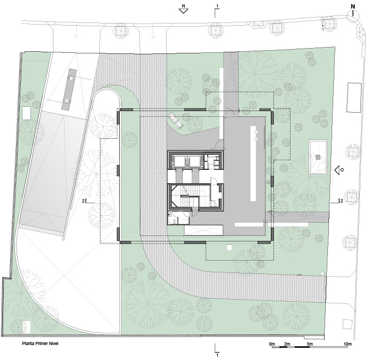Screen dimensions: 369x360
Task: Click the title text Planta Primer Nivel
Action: [40, 343]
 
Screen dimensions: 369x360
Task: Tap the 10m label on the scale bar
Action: [347, 344]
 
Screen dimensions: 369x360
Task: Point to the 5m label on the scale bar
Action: [310, 344]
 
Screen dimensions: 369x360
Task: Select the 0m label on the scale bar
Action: [272, 344]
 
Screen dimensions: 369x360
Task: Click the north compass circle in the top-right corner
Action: [353, 16]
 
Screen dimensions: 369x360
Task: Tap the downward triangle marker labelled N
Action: [183, 11]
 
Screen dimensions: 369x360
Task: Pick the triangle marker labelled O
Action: [337, 170]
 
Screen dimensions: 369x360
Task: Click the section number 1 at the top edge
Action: [217, 6]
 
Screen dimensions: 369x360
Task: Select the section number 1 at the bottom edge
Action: [217, 355]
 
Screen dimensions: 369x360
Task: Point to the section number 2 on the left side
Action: [83, 201]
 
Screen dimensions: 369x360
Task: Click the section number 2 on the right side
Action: [341, 201]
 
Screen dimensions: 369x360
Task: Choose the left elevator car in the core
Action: [178, 162]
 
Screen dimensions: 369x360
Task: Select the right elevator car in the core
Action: [195, 162]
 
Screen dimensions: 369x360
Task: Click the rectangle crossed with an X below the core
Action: [203, 230]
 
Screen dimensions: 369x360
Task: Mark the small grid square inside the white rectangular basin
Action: [318, 157]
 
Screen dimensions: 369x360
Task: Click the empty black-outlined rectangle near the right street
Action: [354, 97]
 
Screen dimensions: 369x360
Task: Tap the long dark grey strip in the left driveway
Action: [69, 89]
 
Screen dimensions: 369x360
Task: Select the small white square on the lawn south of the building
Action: [229, 247]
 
